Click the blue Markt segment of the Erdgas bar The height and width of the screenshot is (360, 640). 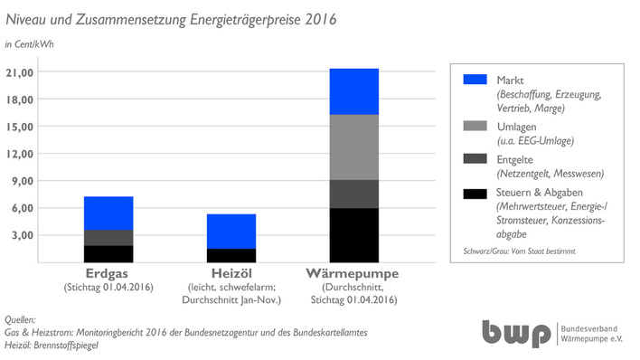click(x=108, y=213)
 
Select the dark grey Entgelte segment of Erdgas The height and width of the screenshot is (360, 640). click(x=108, y=238)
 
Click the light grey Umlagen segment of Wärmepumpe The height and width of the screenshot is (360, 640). click(x=353, y=147)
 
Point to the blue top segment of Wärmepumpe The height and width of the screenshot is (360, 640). click(x=353, y=91)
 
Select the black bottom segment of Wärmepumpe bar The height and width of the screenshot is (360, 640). click(x=353, y=234)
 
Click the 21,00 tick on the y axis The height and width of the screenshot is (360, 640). click(x=45, y=72)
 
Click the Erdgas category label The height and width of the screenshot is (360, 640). click(x=108, y=273)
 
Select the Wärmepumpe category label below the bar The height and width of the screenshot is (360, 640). click(x=353, y=273)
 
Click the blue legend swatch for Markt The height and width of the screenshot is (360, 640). click(x=475, y=80)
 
